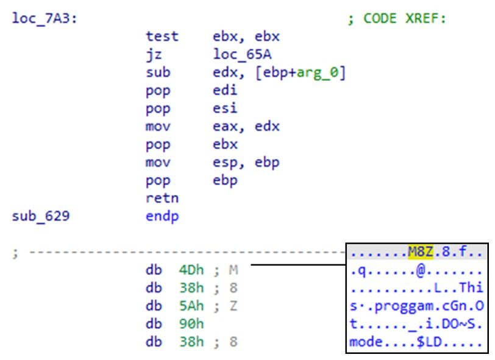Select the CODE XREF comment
point(397,19)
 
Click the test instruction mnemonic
point(162,37)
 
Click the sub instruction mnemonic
point(158,72)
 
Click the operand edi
point(224,91)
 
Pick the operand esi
point(224,109)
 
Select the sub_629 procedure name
point(41,217)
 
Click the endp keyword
point(162,217)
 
